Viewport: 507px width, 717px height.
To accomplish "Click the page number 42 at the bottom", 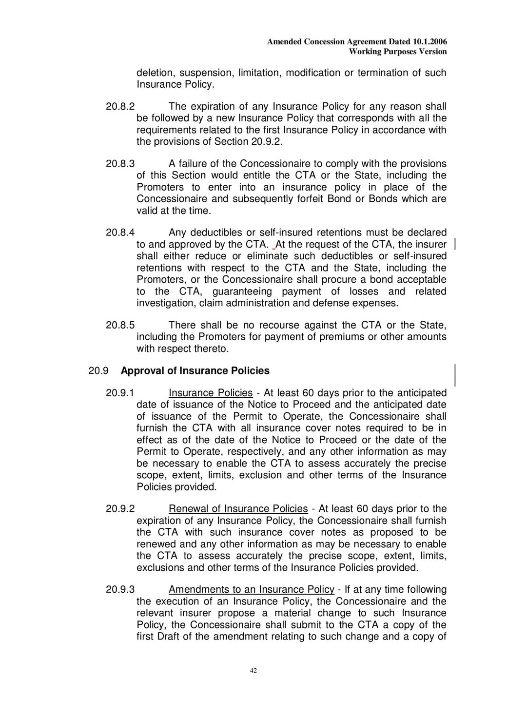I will [253, 671].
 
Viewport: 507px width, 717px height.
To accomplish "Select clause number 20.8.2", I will [120, 107].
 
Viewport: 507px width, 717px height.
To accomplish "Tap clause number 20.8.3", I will [120, 164].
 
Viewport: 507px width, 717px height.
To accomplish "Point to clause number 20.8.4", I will [120, 233].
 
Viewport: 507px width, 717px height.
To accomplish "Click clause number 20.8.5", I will [120, 325].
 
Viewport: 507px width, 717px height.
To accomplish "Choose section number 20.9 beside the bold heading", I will [98, 371].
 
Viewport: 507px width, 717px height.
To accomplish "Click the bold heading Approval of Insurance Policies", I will [195, 371].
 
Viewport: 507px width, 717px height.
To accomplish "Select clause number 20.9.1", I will [120, 393].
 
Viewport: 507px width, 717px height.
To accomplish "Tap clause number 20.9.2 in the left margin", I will [120, 509].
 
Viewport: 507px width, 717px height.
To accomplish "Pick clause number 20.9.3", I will [120, 590].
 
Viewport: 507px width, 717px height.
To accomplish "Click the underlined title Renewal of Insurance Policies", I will [238, 509].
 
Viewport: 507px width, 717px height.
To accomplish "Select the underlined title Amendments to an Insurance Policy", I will [251, 590].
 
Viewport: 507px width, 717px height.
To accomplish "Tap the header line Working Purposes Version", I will [398, 52].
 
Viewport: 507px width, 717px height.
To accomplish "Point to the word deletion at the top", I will [156, 73].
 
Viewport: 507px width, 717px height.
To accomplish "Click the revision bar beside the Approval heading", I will [455, 375].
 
